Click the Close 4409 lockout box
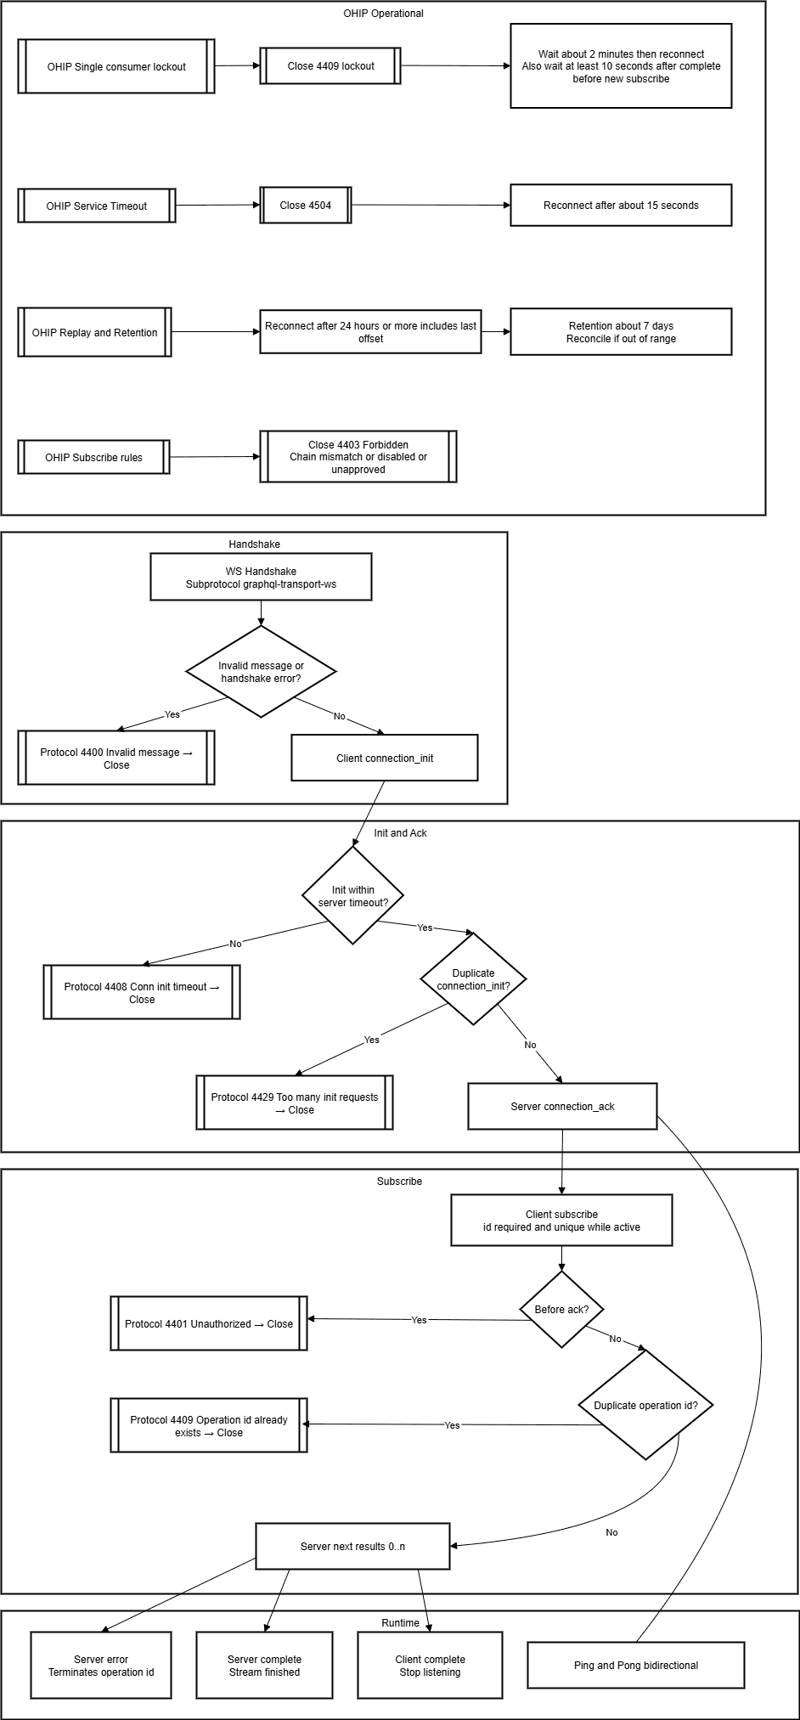click(x=330, y=66)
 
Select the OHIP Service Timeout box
click(x=97, y=206)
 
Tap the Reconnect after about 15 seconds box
click(x=621, y=206)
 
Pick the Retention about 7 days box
click(x=621, y=332)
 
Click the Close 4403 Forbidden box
click(x=358, y=457)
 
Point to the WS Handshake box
click(x=261, y=578)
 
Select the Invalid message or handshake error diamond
click(x=261, y=672)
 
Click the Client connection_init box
click(x=385, y=758)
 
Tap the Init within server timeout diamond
click(x=352, y=896)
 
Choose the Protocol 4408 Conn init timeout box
click(x=142, y=992)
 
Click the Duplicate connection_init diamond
click(x=473, y=979)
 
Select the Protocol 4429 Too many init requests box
click(x=295, y=1102)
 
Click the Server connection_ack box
click(x=562, y=1106)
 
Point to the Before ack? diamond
click(x=561, y=1309)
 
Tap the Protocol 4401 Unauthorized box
click(x=208, y=1323)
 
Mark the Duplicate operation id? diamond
click(x=645, y=1405)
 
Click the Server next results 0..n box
click(x=352, y=1546)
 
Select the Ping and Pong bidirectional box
click(x=635, y=1665)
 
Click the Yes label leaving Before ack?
click(x=419, y=1320)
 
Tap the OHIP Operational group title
click(x=383, y=14)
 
